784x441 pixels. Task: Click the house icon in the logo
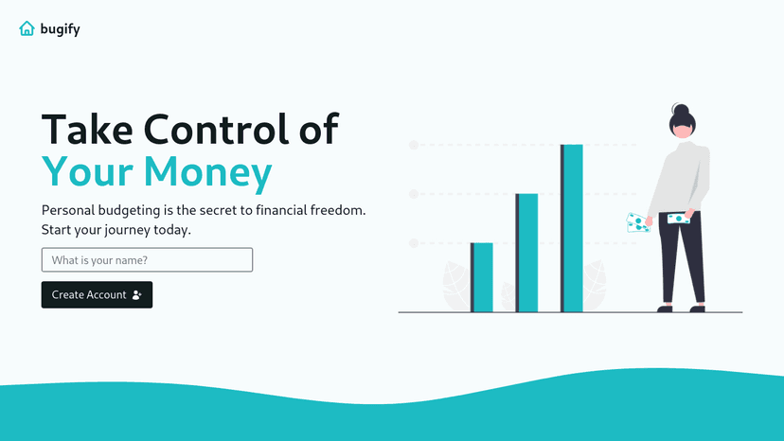pyautogui.click(x=27, y=28)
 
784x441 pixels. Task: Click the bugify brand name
pyautogui.click(x=61, y=29)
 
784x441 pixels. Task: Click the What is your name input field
pyautogui.click(x=147, y=259)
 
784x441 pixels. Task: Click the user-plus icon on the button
pyautogui.click(x=137, y=295)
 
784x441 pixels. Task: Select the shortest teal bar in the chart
pyautogui.click(x=483, y=277)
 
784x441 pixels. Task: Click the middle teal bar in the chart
pyautogui.click(x=527, y=253)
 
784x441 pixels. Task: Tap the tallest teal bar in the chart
pyautogui.click(x=572, y=228)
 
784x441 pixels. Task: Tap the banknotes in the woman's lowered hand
pyautogui.click(x=638, y=222)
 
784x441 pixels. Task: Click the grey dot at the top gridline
pyautogui.click(x=414, y=145)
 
